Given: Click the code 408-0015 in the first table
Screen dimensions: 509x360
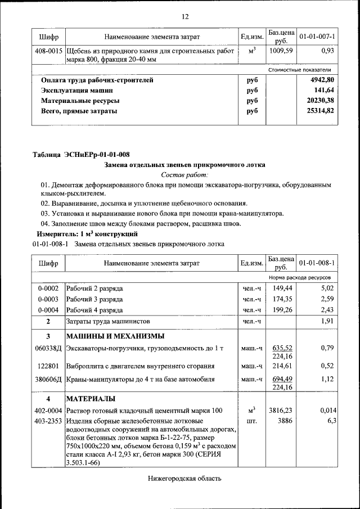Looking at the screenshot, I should [48, 51].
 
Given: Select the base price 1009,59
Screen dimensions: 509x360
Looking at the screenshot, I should [281, 51].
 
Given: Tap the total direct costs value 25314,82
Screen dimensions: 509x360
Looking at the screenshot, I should [322, 111].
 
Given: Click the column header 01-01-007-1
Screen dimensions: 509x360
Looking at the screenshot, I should [317, 37].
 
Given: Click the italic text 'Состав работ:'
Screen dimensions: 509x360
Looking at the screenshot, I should [184, 175].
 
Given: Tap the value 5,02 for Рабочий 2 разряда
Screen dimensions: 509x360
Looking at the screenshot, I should [327, 288].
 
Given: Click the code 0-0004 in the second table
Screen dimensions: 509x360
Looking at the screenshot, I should [48, 310].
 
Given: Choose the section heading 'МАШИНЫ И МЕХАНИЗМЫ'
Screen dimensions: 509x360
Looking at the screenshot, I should [115, 336].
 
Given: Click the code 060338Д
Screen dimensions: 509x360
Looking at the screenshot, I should [48, 349].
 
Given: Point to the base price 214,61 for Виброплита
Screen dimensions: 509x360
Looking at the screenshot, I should [281, 366].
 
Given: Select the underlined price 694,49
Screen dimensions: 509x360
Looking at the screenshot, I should [281, 379].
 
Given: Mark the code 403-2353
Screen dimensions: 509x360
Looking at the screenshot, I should [48, 421].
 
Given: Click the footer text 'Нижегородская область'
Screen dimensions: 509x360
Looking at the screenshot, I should [185, 479].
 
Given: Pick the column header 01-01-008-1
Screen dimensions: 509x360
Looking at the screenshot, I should [317, 263].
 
